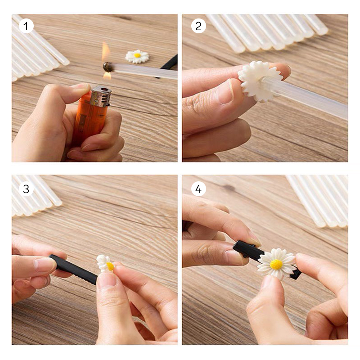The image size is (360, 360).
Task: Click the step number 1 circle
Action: [x=26, y=26]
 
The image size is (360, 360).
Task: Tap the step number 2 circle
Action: [x=198, y=26]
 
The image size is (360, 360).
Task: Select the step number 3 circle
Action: [x=26, y=189]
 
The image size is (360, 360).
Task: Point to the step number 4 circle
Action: [x=198, y=189]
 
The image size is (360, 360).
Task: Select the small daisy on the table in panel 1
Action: [x=137, y=56]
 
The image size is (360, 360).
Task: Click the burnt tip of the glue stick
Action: [x=108, y=67]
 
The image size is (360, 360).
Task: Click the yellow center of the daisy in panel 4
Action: [x=276, y=264]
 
